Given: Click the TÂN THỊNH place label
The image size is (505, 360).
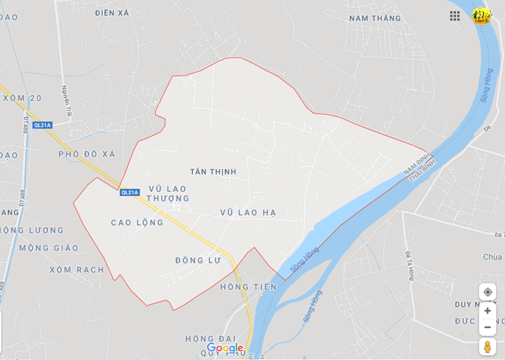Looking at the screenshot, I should pos(213,172).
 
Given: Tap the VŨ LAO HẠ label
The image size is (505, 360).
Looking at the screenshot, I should pos(248,213).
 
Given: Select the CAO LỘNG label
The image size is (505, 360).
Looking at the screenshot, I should pos(137,223).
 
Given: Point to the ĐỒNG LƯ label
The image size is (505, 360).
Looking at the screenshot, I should pos(198,260).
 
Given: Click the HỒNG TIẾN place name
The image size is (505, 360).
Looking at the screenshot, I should pos(248,287).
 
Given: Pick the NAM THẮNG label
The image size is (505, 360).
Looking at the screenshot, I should pos(375,18).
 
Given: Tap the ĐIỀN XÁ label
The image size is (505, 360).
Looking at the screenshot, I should pos(112,12).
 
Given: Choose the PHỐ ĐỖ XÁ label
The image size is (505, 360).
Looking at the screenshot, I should pos(87,154).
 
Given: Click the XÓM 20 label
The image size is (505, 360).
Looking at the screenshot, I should pos(22,98).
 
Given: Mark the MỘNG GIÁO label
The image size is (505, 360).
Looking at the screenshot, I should pos(49,248).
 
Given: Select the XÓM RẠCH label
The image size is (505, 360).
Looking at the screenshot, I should pos(77,270).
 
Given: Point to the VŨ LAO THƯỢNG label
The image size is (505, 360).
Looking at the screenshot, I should pos(168,193).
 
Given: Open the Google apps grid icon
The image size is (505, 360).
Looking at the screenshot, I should pos(455,16).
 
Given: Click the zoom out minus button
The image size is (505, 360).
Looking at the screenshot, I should pos(488,327).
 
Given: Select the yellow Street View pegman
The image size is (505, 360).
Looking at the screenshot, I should pos(488,347).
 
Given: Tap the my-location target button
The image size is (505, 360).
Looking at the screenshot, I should pos(488,292).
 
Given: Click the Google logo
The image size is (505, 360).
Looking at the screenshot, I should pos(224,348).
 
